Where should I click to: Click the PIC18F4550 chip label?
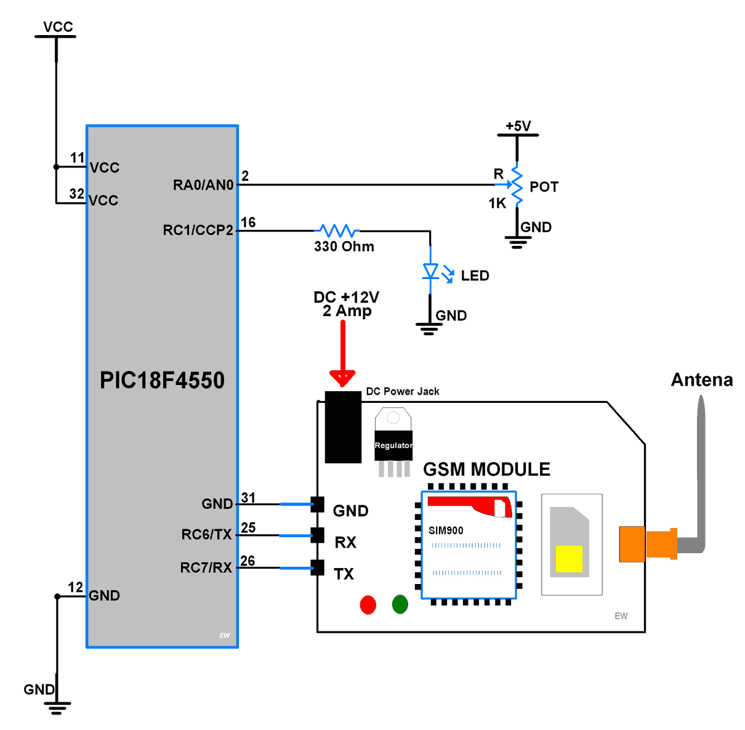(162, 380)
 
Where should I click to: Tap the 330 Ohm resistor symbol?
(337, 231)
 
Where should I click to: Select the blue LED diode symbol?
(430, 272)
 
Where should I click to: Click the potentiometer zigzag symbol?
(517, 184)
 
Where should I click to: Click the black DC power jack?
(343, 427)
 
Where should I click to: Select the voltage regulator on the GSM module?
(393, 440)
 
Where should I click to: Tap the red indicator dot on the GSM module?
(368, 605)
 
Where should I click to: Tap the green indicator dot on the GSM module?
(400, 604)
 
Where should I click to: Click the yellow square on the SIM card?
(569, 559)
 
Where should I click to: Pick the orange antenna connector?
(646, 543)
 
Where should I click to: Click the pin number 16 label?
(248, 222)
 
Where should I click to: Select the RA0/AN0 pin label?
(203, 185)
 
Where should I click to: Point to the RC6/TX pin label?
(206, 535)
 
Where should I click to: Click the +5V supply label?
(518, 126)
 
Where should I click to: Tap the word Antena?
(702, 380)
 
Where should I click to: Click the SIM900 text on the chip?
(446, 530)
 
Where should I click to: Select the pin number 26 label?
(248, 561)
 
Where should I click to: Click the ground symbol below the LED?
(429, 328)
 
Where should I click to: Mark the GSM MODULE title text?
(486, 469)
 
